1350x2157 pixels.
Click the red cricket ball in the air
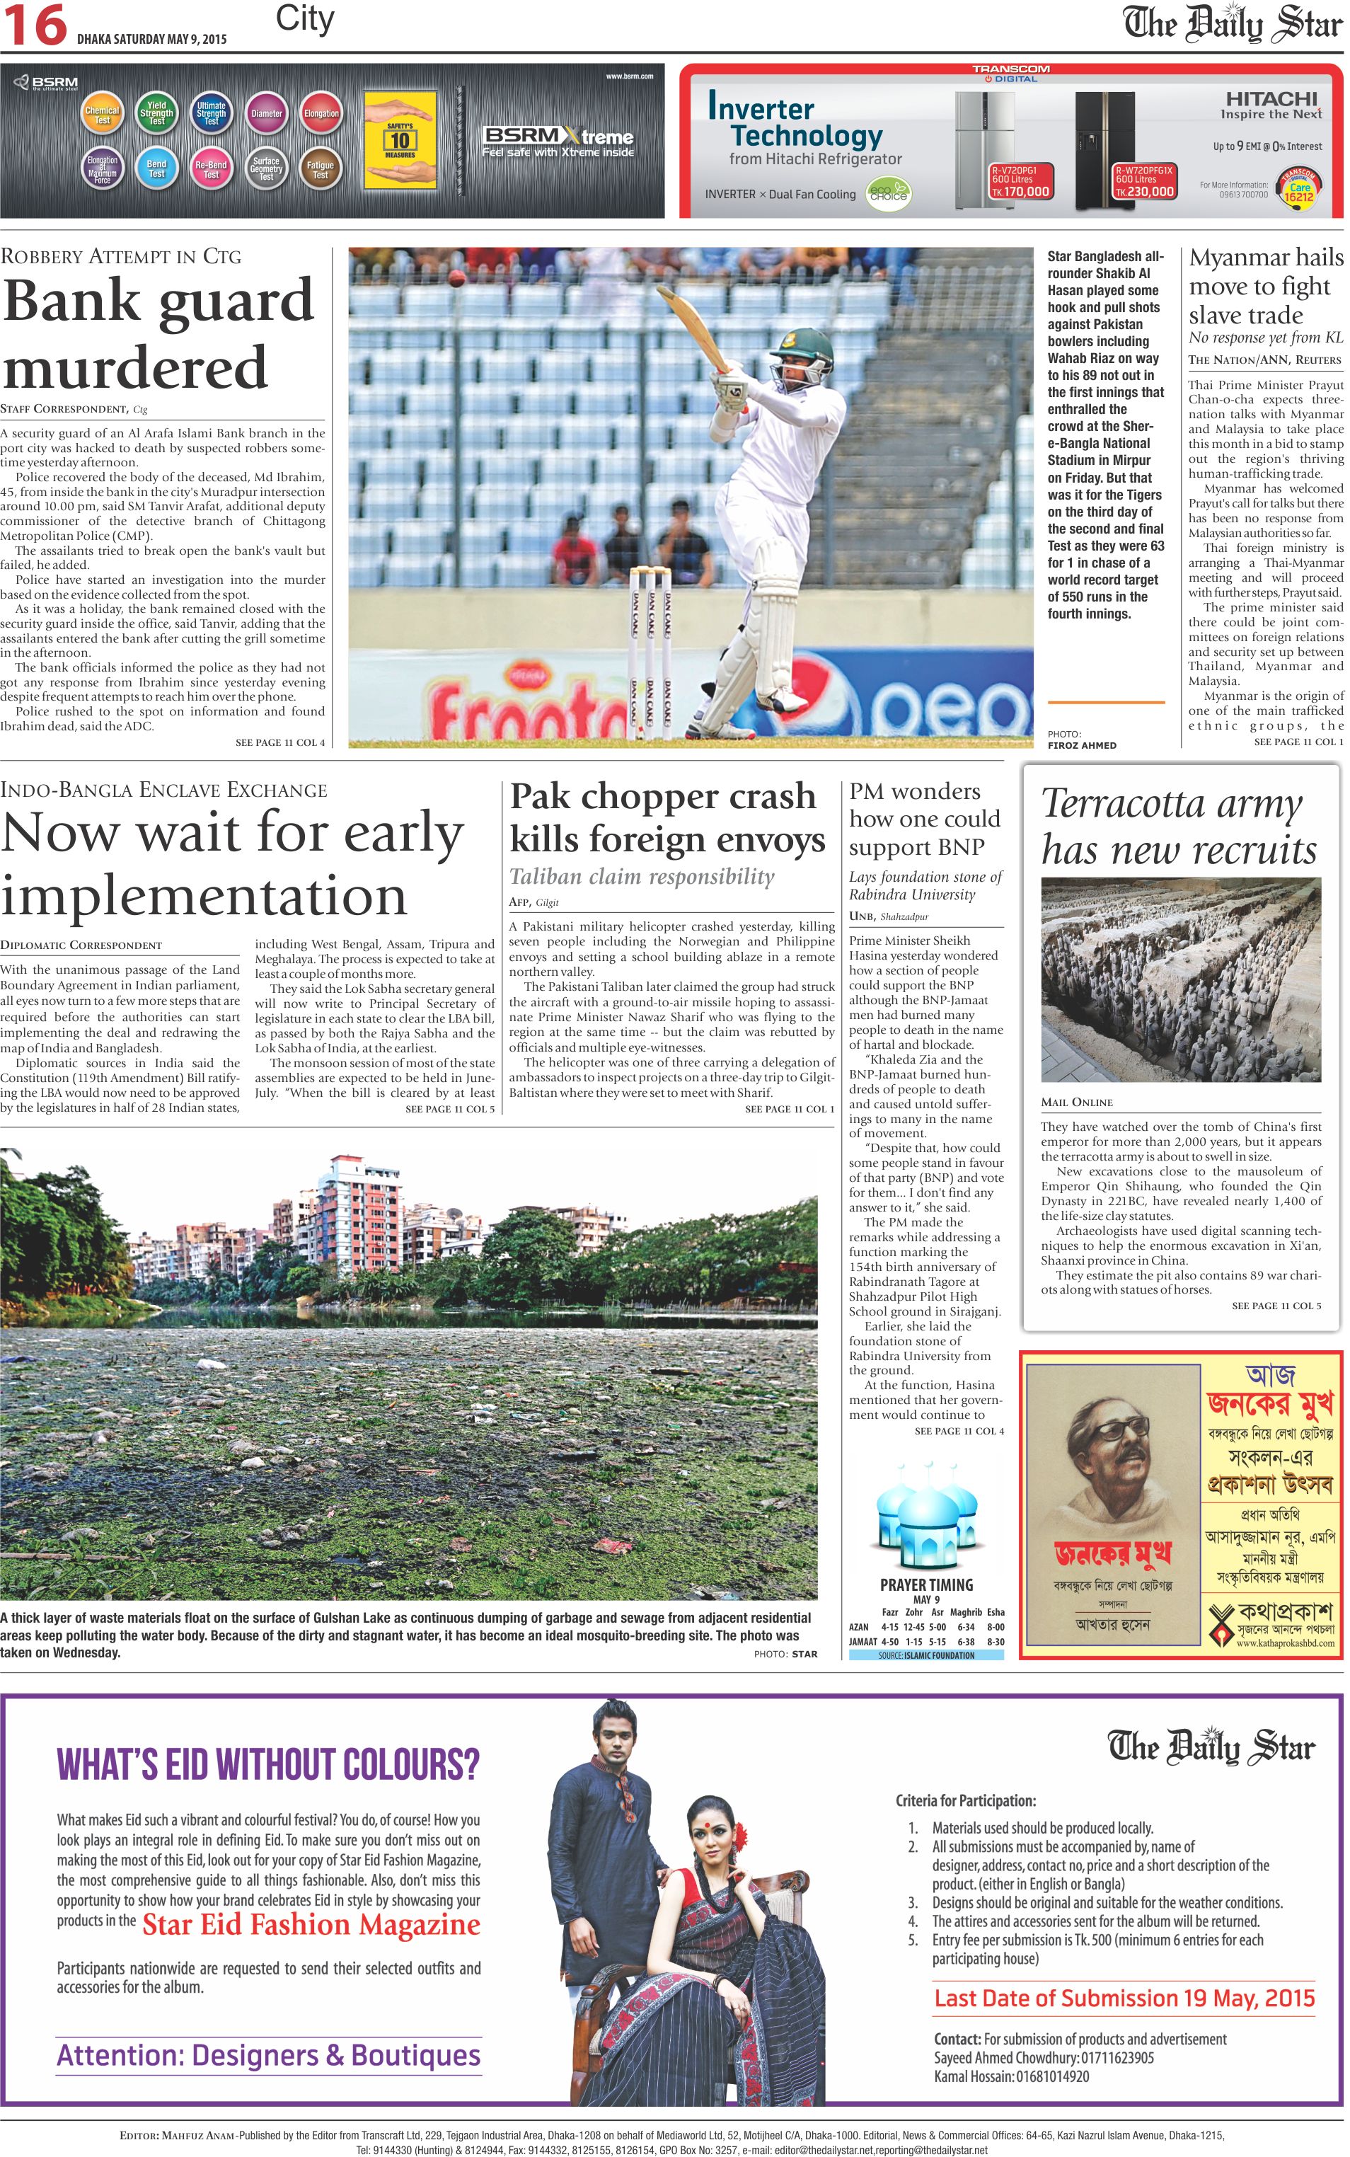(x=457, y=280)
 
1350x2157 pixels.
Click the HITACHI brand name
(x=1271, y=99)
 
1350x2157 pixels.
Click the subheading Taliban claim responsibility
(x=641, y=876)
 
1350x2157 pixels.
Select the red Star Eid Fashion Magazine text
(x=311, y=1924)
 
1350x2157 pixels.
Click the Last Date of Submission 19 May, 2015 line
(x=1124, y=1997)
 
